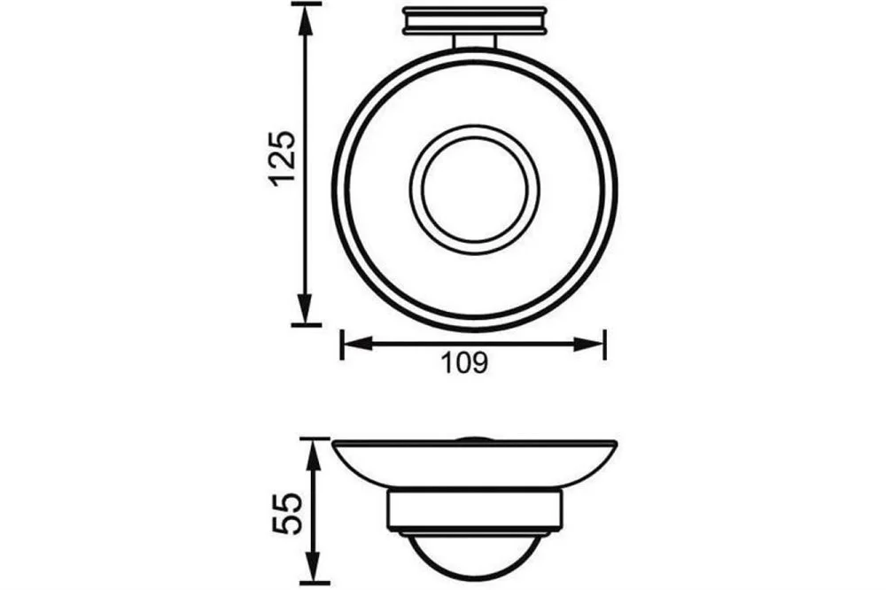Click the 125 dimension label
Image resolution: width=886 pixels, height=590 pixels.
pyautogui.click(x=282, y=159)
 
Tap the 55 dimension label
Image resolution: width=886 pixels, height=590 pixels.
pyautogui.click(x=285, y=513)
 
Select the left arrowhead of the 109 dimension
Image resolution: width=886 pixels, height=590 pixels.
pyautogui.click(x=357, y=344)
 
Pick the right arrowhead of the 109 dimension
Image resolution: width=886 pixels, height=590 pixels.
pyautogui.click(x=589, y=344)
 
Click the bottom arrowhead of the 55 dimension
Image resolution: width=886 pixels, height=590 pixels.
pyautogui.click(x=315, y=565)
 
